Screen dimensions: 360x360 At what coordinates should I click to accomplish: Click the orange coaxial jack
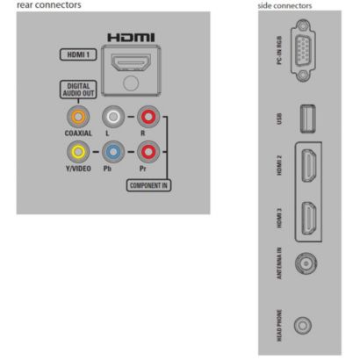click(78, 117)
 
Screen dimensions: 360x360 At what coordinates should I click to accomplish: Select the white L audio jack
click(113, 117)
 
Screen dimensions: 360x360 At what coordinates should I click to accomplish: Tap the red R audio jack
click(148, 117)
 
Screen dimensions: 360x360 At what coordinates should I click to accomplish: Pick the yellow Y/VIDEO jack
click(78, 152)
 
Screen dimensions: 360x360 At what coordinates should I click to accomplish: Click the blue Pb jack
click(113, 152)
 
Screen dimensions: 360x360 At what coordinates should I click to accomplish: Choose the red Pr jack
click(148, 152)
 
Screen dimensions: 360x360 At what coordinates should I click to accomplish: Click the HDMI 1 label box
click(78, 54)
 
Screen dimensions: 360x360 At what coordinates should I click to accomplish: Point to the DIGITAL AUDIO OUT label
click(78, 90)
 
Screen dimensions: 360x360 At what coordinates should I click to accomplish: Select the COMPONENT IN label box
click(148, 185)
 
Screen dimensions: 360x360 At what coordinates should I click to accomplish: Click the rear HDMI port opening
click(131, 62)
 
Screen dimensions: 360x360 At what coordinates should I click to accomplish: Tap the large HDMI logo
click(131, 38)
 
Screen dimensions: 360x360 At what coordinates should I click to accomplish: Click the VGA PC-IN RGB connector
click(303, 51)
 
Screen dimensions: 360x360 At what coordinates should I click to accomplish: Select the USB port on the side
click(308, 119)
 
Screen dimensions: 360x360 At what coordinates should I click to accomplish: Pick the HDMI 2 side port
click(309, 165)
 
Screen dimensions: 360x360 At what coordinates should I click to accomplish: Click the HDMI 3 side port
click(309, 218)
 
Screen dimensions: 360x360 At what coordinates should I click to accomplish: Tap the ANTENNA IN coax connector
click(306, 263)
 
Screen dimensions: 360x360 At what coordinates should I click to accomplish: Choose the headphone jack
click(303, 325)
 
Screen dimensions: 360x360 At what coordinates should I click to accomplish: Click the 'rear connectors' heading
click(49, 5)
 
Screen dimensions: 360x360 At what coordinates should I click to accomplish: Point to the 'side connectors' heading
click(284, 5)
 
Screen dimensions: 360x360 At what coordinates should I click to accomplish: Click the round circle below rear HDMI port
click(131, 83)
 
